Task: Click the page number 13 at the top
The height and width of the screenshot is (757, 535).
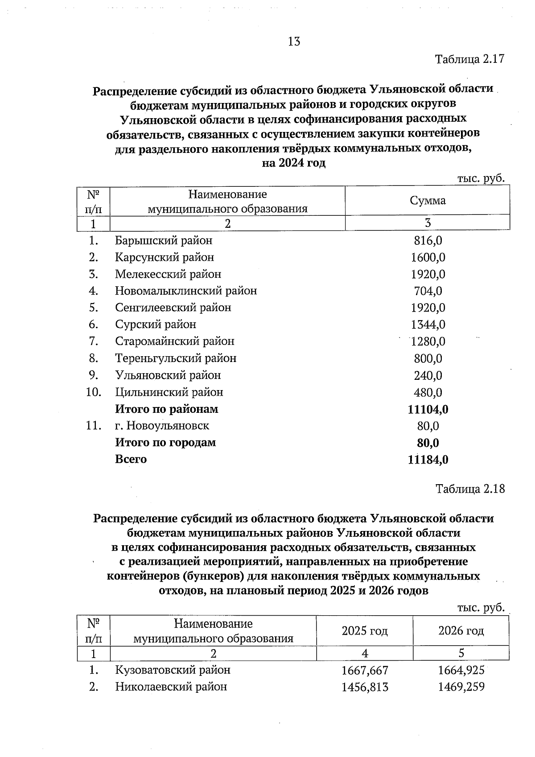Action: tap(294, 42)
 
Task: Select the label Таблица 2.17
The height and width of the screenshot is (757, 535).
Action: tap(469, 59)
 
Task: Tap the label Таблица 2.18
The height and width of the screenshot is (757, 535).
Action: tap(470, 489)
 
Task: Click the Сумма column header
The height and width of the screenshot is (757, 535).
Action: tap(428, 201)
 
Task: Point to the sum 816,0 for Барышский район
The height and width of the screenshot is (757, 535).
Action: tap(428, 241)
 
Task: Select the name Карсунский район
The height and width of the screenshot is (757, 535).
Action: tap(164, 258)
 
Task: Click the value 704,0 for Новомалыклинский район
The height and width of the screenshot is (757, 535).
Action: tap(428, 291)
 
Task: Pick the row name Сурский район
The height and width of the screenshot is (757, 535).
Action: tap(155, 325)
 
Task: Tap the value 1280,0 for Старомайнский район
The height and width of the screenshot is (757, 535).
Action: tap(428, 342)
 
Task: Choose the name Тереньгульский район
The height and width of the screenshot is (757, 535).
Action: tap(175, 358)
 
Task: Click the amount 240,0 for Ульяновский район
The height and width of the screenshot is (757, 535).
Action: tap(428, 376)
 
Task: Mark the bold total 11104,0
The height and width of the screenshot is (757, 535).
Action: tap(428, 409)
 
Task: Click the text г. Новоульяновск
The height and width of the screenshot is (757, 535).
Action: tap(162, 426)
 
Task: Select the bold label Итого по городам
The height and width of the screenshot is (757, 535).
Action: tap(165, 443)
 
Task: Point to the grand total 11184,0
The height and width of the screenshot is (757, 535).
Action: tap(428, 460)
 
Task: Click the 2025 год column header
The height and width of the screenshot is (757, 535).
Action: tap(364, 631)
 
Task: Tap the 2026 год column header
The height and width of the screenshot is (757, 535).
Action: tap(461, 631)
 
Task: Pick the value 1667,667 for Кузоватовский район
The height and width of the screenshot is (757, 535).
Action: tap(364, 671)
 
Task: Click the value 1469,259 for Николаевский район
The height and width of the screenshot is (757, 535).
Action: tap(461, 687)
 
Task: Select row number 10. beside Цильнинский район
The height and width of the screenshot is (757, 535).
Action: tap(94, 392)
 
